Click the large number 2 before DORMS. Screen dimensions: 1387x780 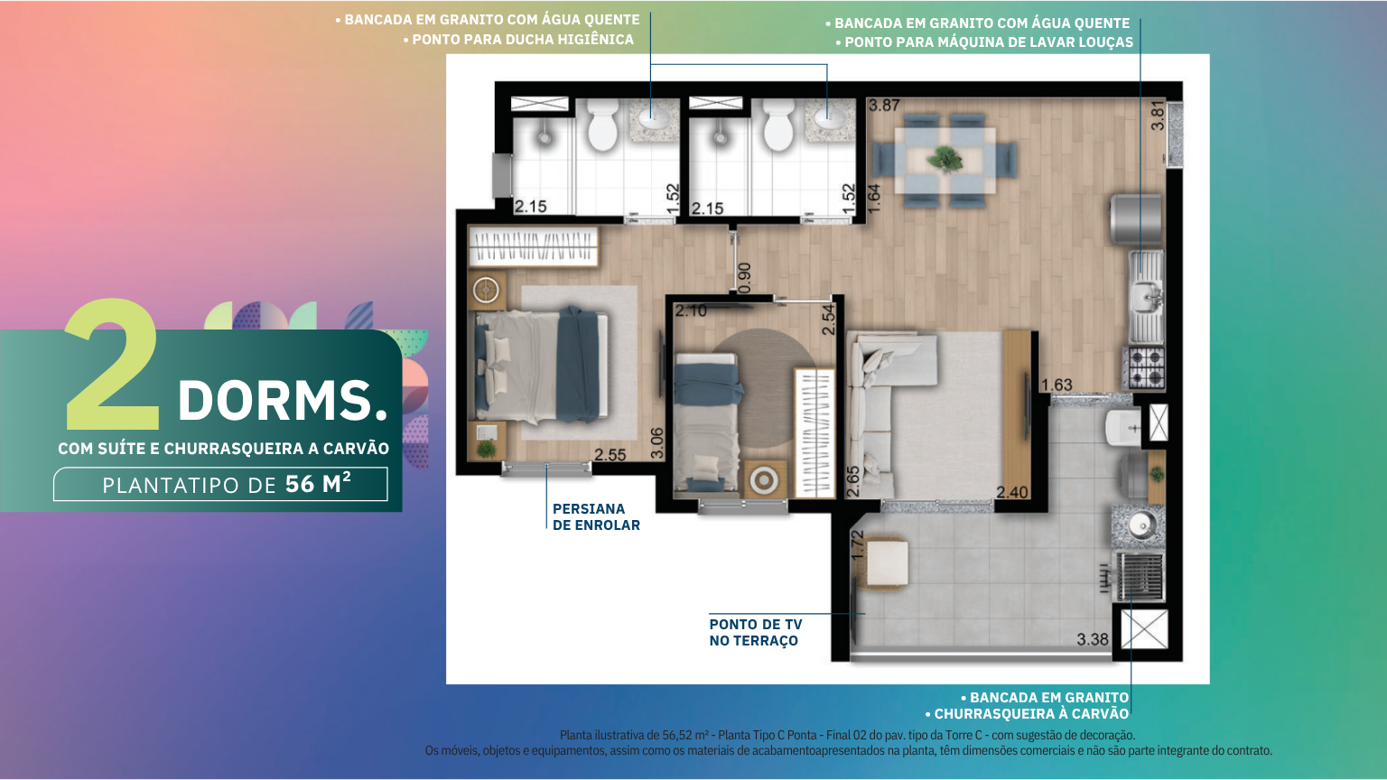point(113,365)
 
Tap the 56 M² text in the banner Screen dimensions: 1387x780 point(318,484)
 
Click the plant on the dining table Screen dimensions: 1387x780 point(945,159)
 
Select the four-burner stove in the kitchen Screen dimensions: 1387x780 point(1146,367)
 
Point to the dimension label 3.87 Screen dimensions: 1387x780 point(884,106)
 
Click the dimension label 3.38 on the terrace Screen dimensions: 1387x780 point(1093,639)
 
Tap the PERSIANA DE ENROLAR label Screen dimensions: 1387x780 point(596,517)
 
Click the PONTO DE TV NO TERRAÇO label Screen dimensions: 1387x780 point(756,633)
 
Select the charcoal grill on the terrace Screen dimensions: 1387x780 point(1140,577)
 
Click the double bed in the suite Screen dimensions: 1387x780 point(541,366)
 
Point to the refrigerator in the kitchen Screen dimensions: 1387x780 point(1137,219)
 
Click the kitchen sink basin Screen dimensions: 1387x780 point(1147,294)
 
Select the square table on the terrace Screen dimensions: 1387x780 point(887,562)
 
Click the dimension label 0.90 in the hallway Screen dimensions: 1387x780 point(744,278)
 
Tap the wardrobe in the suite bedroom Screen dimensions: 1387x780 point(533,246)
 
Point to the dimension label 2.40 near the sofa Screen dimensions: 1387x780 point(1011,493)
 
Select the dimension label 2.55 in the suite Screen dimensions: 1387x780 point(610,455)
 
